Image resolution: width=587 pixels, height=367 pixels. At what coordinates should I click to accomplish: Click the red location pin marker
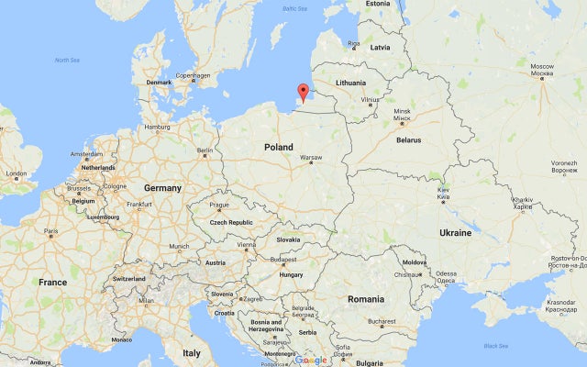tap(303, 91)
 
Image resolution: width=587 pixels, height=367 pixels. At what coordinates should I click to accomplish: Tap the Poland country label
tap(278, 147)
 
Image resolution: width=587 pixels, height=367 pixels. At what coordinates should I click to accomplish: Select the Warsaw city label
tap(310, 157)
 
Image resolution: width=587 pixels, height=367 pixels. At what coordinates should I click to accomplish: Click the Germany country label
tap(162, 187)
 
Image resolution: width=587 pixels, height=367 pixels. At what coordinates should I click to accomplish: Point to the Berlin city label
tap(205, 150)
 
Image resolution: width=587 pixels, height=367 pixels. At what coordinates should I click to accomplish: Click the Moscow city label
tap(542, 66)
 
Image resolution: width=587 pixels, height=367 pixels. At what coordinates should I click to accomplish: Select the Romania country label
tap(366, 298)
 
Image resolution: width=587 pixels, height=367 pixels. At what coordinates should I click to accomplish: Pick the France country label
tap(51, 282)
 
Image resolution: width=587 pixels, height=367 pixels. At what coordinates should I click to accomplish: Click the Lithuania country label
tap(350, 83)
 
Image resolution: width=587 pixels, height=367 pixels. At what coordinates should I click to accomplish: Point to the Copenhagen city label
tap(193, 75)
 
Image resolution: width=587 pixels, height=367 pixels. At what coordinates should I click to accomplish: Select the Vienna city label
tap(246, 245)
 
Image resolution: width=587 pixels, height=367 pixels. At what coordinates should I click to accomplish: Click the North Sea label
tap(67, 60)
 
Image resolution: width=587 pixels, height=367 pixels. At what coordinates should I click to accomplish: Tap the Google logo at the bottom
tap(312, 360)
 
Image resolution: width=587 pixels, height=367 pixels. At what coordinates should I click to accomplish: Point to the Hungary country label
tap(291, 273)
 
